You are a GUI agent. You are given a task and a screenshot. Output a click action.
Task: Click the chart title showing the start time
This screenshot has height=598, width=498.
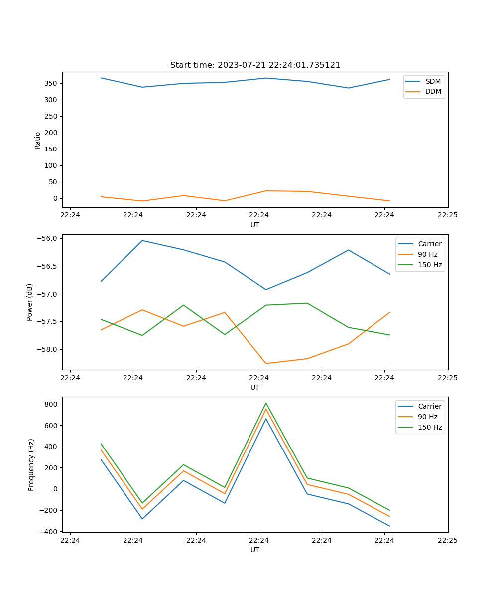coord(255,65)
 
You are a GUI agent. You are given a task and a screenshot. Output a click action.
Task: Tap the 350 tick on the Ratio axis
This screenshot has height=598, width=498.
coord(51,83)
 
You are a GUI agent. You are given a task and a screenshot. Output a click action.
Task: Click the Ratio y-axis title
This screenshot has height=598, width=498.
coord(38,141)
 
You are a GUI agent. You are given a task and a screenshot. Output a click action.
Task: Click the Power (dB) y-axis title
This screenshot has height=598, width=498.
coord(30,302)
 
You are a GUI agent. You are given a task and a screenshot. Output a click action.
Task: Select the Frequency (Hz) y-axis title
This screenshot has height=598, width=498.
coord(31,464)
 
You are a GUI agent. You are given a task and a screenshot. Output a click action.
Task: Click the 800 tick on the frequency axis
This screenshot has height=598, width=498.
coord(52,404)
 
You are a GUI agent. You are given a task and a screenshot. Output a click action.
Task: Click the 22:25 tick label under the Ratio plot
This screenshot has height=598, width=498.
coord(447,215)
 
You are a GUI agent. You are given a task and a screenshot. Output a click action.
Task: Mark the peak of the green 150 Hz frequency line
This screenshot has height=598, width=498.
coord(266,403)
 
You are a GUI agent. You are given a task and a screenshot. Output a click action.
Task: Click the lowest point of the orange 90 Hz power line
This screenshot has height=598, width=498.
coord(266,363)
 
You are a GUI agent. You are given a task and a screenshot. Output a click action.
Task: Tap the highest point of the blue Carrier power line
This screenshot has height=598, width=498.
coord(142,240)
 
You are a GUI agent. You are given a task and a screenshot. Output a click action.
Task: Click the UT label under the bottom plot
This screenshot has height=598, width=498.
coord(255,550)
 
